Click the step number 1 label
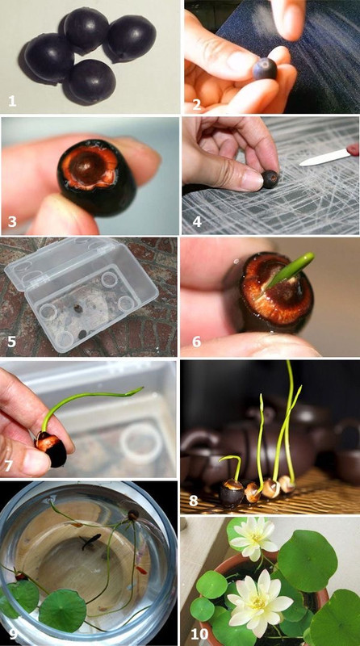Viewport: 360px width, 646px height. pyautogui.click(x=12, y=101)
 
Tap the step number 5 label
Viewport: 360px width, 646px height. pyautogui.click(x=11, y=342)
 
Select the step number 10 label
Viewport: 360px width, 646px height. pyautogui.click(x=199, y=634)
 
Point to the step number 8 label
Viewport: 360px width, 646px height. pyautogui.click(x=193, y=501)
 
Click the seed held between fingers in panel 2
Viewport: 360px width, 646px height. pyautogui.click(x=265, y=69)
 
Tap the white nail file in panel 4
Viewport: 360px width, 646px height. pyautogui.click(x=324, y=157)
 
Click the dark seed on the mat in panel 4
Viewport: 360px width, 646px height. pyautogui.click(x=270, y=179)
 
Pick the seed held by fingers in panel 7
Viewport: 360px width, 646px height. pyautogui.click(x=52, y=448)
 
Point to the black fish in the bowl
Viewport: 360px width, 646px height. pyautogui.click(x=90, y=541)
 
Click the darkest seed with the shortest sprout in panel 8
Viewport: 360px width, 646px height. pyautogui.click(x=232, y=493)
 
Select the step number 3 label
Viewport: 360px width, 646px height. pyautogui.click(x=12, y=221)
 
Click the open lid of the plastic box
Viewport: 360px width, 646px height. pyautogui.click(x=62, y=264)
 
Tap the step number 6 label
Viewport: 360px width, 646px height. pyautogui.click(x=196, y=341)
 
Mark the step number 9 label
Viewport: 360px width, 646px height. pyautogui.click(x=13, y=633)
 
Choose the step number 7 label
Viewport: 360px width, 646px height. pyautogui.click(x=10, y=466)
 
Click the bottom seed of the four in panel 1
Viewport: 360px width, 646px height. pyautogui.click(x=90, y=82)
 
